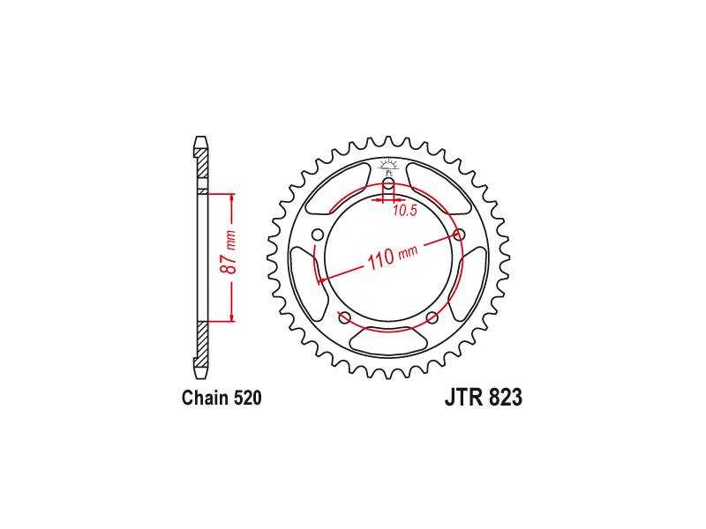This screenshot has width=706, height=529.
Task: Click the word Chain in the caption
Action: coord(206,399)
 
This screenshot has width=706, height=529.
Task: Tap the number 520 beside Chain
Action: coord(248,399)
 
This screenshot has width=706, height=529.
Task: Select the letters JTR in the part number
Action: coord(464,398)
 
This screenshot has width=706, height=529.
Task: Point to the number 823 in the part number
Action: coord(505,398)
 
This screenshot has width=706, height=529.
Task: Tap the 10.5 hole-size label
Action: coord(405,210)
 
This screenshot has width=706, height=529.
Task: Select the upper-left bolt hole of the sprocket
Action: coord(318,235)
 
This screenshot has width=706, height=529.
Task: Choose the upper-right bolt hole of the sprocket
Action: coord(459,235)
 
